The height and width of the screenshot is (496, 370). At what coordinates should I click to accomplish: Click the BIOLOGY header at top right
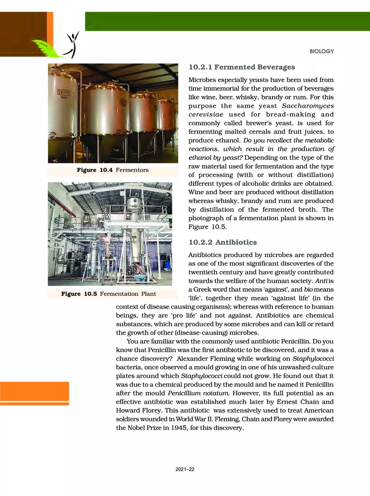coord(321,51)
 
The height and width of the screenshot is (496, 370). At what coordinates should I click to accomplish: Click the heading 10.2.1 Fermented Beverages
coord(241,67)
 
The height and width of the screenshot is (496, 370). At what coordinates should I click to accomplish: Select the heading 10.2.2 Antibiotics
coord(222,243)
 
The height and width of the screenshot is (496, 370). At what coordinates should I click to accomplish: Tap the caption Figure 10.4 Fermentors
coord(112,170)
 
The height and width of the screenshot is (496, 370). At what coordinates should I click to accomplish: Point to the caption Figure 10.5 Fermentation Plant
coord(108,294)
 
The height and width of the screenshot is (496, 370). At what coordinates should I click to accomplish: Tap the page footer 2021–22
coord(185,469)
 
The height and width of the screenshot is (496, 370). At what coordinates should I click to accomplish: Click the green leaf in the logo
coord(47,46)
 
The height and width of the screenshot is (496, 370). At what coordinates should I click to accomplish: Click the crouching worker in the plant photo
coord(139,272)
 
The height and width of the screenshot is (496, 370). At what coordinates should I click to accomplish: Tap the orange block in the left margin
coord(34,391)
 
